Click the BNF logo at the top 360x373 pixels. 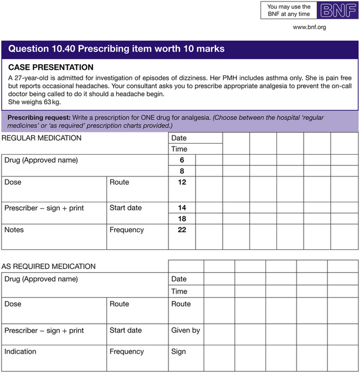pyautogui.click(x=337, y=11)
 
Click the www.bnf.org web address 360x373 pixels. pyautogui.click(x=309, y=27)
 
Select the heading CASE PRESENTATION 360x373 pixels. pyautogui.click(x=50, y=68)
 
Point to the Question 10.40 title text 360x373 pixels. pyautogui.click(x=116, y=49)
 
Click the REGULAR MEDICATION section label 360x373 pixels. pyautogui.click(x=42, y=138)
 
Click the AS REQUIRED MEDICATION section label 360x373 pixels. pyautogui.click(x=48, y=267)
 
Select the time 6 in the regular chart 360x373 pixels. pyautogui.click(x=182, y=160)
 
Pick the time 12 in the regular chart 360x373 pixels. pyautogui.click(x=182, y=182)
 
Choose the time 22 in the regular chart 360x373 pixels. pyautogui.click(x=182, y=229)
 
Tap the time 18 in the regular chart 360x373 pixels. pyautogui.click(x=182, y=219)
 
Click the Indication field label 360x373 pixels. pyautogui.click(x=20, y=351)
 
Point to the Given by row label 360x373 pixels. pyautogui.click(x=186, y=330)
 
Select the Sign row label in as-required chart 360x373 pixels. pyautogui.click(x=179, y=351)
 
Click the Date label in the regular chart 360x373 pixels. pyautogui.click(x=179, y=138)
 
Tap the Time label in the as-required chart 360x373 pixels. pyautogui.click(x=179, y=291)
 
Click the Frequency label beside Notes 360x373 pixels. pyautogui.click(x=126, y=229)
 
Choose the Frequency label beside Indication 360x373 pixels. pyautogui.click(x=126, y=351)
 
